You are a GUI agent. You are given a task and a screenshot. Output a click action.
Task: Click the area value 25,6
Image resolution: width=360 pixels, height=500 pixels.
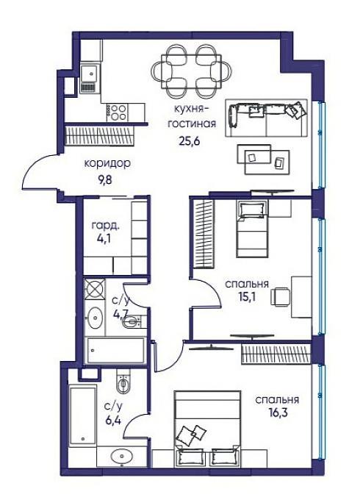(x=190, y=141)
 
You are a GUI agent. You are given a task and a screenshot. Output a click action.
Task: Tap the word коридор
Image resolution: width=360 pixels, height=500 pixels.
(x=107, y=164)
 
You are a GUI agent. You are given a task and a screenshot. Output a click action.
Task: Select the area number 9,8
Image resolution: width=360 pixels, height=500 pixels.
(x=106, y=180)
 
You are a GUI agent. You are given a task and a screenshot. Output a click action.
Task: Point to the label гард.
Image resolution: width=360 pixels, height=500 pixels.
(x=106, y=226)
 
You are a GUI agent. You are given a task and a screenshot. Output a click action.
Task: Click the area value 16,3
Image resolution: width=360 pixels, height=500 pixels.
(x=277, y=413)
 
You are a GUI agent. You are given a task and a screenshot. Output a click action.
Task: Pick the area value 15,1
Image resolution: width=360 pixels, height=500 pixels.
(x=247, y=297)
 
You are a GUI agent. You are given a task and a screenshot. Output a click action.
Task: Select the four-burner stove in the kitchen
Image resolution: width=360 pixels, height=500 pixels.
(x=117, y=113)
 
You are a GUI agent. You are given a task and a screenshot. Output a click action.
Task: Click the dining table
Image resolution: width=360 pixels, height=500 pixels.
(x=191, y=71)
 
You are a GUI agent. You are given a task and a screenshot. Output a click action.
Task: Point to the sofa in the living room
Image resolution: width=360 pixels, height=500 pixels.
(x=267, y=118)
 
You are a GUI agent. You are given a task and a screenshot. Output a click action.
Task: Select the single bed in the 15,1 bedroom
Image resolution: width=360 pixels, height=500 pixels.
(x=252, y=229)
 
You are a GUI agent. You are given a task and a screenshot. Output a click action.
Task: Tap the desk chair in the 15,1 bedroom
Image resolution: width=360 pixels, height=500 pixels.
(x=281, y=297)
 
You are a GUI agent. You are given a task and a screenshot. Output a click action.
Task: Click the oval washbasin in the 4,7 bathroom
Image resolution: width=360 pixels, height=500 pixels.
(x=94, y=318)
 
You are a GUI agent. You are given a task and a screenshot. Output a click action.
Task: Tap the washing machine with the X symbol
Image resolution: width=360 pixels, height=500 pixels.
(x=94, y=289)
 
